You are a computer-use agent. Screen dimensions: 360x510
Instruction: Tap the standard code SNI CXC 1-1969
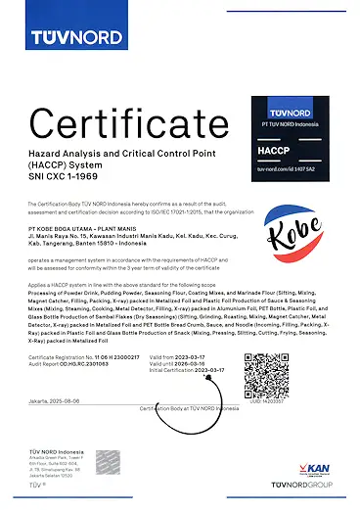coord(62,177)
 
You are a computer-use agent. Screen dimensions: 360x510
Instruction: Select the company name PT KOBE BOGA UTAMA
coord(65,226)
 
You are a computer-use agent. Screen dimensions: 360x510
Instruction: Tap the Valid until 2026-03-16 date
coord(177,366)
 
